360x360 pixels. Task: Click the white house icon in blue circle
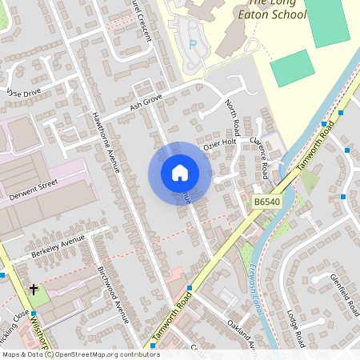coord(180,173)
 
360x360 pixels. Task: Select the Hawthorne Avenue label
coord(106,141)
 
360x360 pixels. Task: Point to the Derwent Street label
coord(33,190)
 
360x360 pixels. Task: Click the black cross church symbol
coord(34,288)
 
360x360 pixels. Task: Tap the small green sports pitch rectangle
coord(292,68)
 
